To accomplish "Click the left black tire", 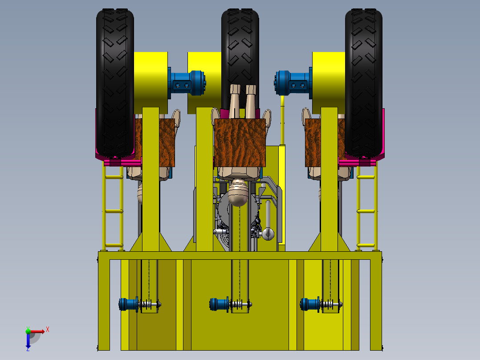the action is pyautogui.click(x=115, y=83).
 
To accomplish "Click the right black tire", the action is pyautogui.click(x=364, y=83).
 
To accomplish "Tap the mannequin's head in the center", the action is pyautogui.click(x=239, y=192).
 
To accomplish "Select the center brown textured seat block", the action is pyautogui.click(x=240, y=143).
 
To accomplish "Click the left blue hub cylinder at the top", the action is pyautogui.click(x=187, y=83).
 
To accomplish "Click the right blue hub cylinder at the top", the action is pyautogui.click(x=293, y=83).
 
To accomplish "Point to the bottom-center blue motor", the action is pyautogui.click(x=220, y=305).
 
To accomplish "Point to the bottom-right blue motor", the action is pyautogui.click(x=310, y=305).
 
